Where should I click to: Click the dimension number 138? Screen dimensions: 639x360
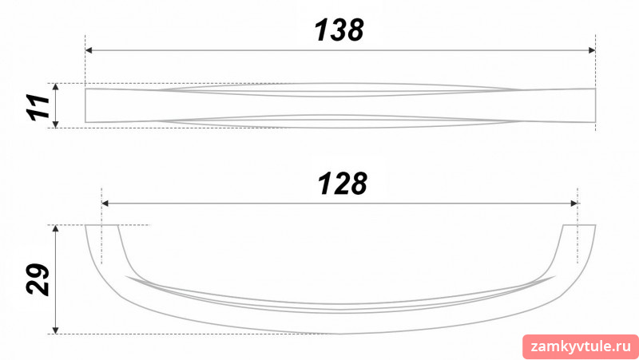(x=339, y=30)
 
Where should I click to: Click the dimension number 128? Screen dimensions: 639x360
(x=343, y=184)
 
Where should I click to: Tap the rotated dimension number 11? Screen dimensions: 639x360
(x=38, y=107)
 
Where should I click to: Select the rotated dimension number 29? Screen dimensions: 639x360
(x=38, y=279)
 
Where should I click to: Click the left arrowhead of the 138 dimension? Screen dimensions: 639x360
(x=89, y=50)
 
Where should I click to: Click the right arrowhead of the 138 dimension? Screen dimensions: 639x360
(x=592, y=50)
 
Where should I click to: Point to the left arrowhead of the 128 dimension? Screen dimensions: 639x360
(x=105, y=204)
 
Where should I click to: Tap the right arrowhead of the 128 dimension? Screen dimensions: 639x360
(x=574, y=204)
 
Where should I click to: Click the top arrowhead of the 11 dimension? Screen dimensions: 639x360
(x=56, y=87)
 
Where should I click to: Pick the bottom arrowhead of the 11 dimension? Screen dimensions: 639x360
(x=56, y=125)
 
